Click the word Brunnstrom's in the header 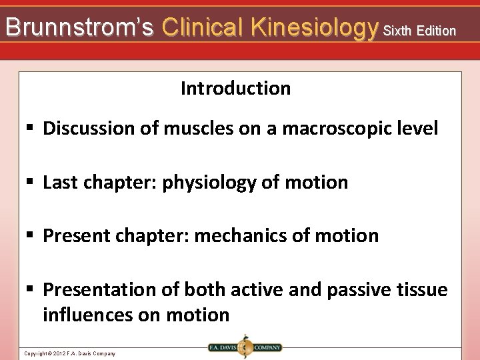click(79, 27)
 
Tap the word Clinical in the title click(203, 27)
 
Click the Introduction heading click(235, 88)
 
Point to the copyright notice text click(69, 353)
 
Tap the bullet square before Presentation click(31, 290)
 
